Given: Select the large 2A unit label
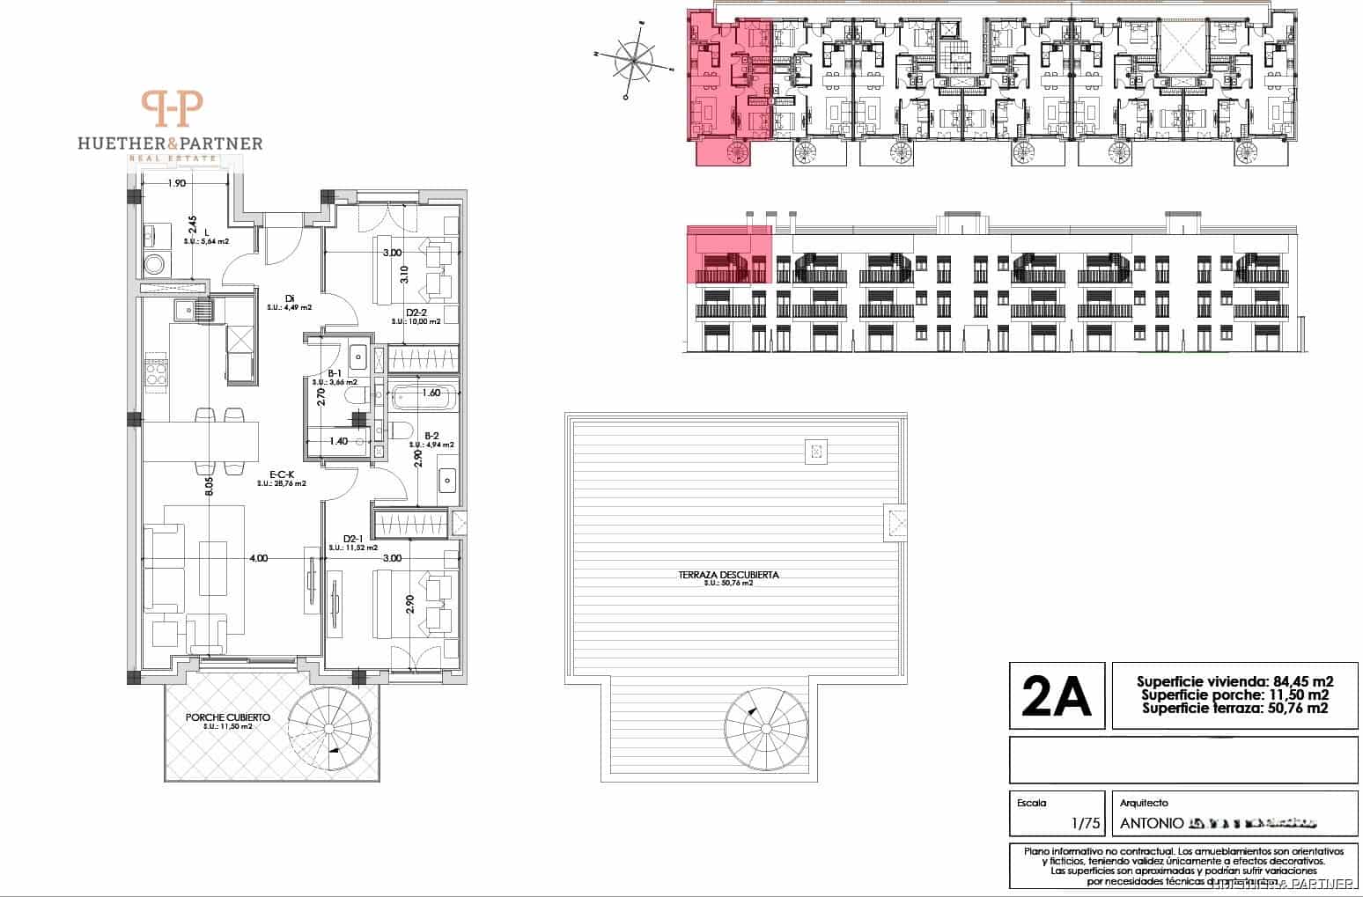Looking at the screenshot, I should [1056, 695].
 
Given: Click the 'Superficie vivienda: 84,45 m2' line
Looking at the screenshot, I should [1234, 681].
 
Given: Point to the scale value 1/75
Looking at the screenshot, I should [1086, 824].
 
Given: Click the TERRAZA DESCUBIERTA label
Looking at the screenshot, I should [728, 575].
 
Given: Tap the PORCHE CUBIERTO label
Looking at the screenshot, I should [227, 717].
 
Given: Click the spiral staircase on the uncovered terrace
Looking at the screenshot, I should [764, 728].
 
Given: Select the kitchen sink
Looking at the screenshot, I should [193, 309].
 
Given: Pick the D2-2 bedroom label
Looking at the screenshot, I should [416, 312].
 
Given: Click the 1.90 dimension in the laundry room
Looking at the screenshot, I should [176, 184].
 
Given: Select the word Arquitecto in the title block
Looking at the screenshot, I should [1143, 803].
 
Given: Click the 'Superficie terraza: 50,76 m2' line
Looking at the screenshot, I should [1234, 708].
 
